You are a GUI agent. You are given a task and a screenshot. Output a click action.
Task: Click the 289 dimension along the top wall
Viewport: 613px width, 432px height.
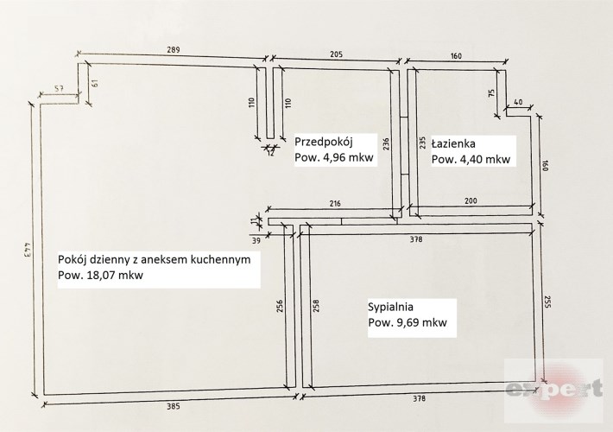click(174, 50)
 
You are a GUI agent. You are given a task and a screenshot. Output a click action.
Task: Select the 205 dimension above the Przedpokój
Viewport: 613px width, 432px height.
click(336, 54)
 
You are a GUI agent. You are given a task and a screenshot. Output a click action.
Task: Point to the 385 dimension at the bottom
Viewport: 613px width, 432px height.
click(174, 407)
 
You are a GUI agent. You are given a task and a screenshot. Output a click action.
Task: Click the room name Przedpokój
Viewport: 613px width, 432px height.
click(324, 142)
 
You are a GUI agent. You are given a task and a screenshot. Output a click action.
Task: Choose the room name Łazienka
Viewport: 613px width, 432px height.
click(453, 143)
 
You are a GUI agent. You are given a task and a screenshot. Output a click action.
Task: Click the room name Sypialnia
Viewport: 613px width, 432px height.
click(390, 307)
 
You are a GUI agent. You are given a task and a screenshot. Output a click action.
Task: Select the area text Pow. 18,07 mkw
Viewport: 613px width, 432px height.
click(100, 275)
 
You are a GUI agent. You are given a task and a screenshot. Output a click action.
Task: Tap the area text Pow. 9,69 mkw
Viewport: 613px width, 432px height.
click(407, 323)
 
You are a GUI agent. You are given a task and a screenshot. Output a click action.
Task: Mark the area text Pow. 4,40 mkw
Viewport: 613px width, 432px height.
click(471, 159)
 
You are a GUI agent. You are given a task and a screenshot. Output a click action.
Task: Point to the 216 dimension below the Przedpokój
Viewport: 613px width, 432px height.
click(335, 203)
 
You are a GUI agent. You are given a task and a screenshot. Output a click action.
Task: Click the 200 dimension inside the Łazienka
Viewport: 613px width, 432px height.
click(471, 200)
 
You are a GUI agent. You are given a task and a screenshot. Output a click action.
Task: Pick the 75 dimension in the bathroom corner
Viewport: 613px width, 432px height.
click(492, 92)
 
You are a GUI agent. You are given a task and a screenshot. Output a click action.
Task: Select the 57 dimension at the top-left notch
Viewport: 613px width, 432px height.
click(59, 88)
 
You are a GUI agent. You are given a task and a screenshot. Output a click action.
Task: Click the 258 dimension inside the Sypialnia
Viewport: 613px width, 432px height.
click(316, 306)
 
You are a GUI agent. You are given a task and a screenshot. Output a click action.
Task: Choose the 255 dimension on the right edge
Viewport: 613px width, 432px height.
click(547, 302)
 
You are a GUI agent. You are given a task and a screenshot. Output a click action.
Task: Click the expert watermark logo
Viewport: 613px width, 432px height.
click(554, 390)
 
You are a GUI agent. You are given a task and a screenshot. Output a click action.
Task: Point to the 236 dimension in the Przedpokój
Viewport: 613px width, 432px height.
click(386, 144)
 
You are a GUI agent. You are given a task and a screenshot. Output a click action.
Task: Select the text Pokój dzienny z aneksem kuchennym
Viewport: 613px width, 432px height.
click(154, 260)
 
